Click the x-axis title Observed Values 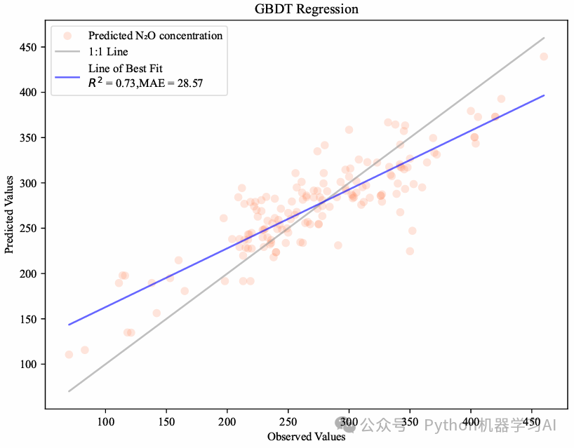[306, 437]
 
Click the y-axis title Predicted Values [10, 216]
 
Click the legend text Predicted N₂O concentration [155, 36]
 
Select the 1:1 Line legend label [108, 52]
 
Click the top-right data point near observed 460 [543, 56]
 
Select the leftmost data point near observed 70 [69, 354]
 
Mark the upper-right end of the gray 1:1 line [544, 38]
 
